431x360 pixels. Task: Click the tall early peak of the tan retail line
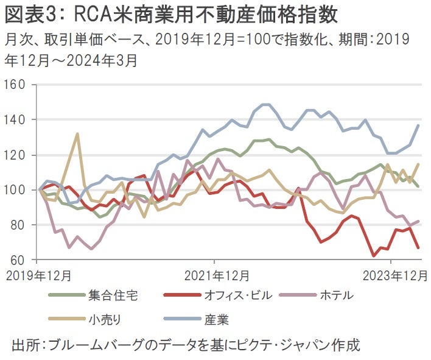(x=77, y=133)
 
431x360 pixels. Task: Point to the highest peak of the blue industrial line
(x=265, y=104)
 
